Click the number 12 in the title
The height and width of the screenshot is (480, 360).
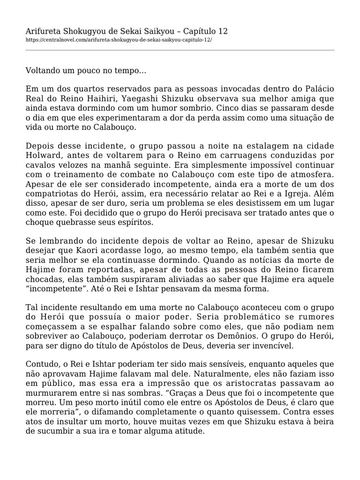(x=222, y=31)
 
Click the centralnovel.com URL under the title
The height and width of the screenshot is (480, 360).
(x=119, y=40)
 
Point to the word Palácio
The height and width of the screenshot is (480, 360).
(x=319, y=89)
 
